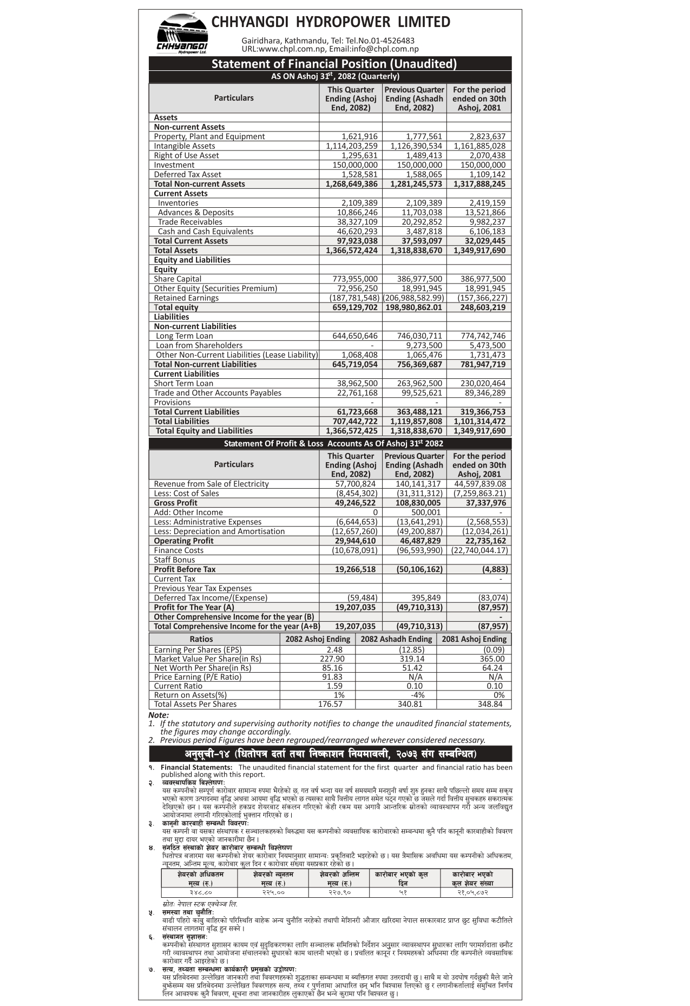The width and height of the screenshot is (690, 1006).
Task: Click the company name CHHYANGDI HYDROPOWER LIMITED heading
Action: [x=331, y=22]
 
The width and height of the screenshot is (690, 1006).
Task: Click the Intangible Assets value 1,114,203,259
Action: [x=352, y=146]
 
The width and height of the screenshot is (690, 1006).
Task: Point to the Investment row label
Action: [x=174, y=165]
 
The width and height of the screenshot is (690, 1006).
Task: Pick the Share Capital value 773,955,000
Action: [x=355, y=279]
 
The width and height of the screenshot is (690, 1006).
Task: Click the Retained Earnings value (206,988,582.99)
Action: [x=413, y=298]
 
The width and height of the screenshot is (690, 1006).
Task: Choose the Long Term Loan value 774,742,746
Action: [x=483, y=336]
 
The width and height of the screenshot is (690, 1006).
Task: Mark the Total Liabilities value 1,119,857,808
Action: [x=416, y=422]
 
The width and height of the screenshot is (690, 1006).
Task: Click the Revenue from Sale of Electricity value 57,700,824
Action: [x=355, y=484]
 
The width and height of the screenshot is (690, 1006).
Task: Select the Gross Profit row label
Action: [x=175, y=503]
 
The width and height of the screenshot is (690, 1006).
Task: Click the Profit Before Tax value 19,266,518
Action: [x=355, y=569]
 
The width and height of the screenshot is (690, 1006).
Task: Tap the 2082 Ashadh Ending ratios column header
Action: [x=396, y=639]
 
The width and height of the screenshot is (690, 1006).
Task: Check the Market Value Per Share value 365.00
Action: [x=492, y=659]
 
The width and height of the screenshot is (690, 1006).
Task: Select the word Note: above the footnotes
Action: [x=159, y=715]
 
